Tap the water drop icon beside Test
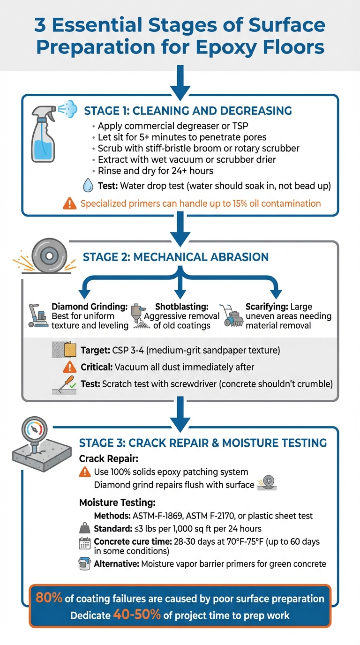[x=88, y=186]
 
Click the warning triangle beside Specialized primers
[x=70, y=204]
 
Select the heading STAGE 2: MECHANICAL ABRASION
[x=176, y=257]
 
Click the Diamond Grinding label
[x=89, y=307]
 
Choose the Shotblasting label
[x=176, y=307]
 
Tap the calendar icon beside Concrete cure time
[x=84, y=543]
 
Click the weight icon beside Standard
[x=85, y=528]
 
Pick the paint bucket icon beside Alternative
[x=84, y=563]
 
